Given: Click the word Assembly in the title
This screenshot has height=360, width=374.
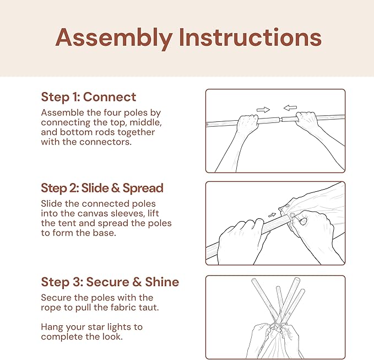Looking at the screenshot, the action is (x=114, y=38).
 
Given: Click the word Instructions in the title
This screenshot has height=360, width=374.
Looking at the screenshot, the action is (x=250, y=37).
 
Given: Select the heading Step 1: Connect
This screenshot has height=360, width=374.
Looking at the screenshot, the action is (x=89, y=97).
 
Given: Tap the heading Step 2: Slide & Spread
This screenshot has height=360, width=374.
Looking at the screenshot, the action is (x=102, y=188).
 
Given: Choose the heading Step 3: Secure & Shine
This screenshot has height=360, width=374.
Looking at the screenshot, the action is (x=110, y=282).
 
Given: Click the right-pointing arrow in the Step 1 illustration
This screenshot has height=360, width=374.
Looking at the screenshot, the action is (x=263, y=110).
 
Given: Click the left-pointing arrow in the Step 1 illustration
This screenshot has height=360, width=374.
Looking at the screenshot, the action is (x=290, y=108).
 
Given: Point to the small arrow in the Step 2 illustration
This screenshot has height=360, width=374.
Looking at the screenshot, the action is (x=272, y=215).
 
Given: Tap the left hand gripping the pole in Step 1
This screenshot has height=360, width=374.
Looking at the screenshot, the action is (x=247, y=125).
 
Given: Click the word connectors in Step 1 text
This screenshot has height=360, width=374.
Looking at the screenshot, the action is (x=105, y=142).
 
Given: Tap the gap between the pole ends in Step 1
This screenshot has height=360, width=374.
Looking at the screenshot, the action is (x=280, y=119).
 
